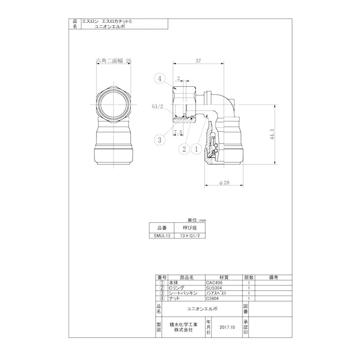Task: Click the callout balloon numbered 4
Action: (160, 78)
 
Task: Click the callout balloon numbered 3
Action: (160, 139)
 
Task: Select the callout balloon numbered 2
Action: (184, 149)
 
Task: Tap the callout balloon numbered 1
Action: (196, 149)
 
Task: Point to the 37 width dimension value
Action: (198, 61)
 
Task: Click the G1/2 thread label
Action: (158, 107)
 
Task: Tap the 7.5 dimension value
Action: (178, 132)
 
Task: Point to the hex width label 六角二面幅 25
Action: (114, 60)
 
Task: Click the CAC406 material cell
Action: (214, 283)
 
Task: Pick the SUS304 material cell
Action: (214, 288)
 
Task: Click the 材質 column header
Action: (224, 277)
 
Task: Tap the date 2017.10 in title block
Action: (228, 327)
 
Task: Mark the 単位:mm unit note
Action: (197, 221)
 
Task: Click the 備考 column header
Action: (274, 277)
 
